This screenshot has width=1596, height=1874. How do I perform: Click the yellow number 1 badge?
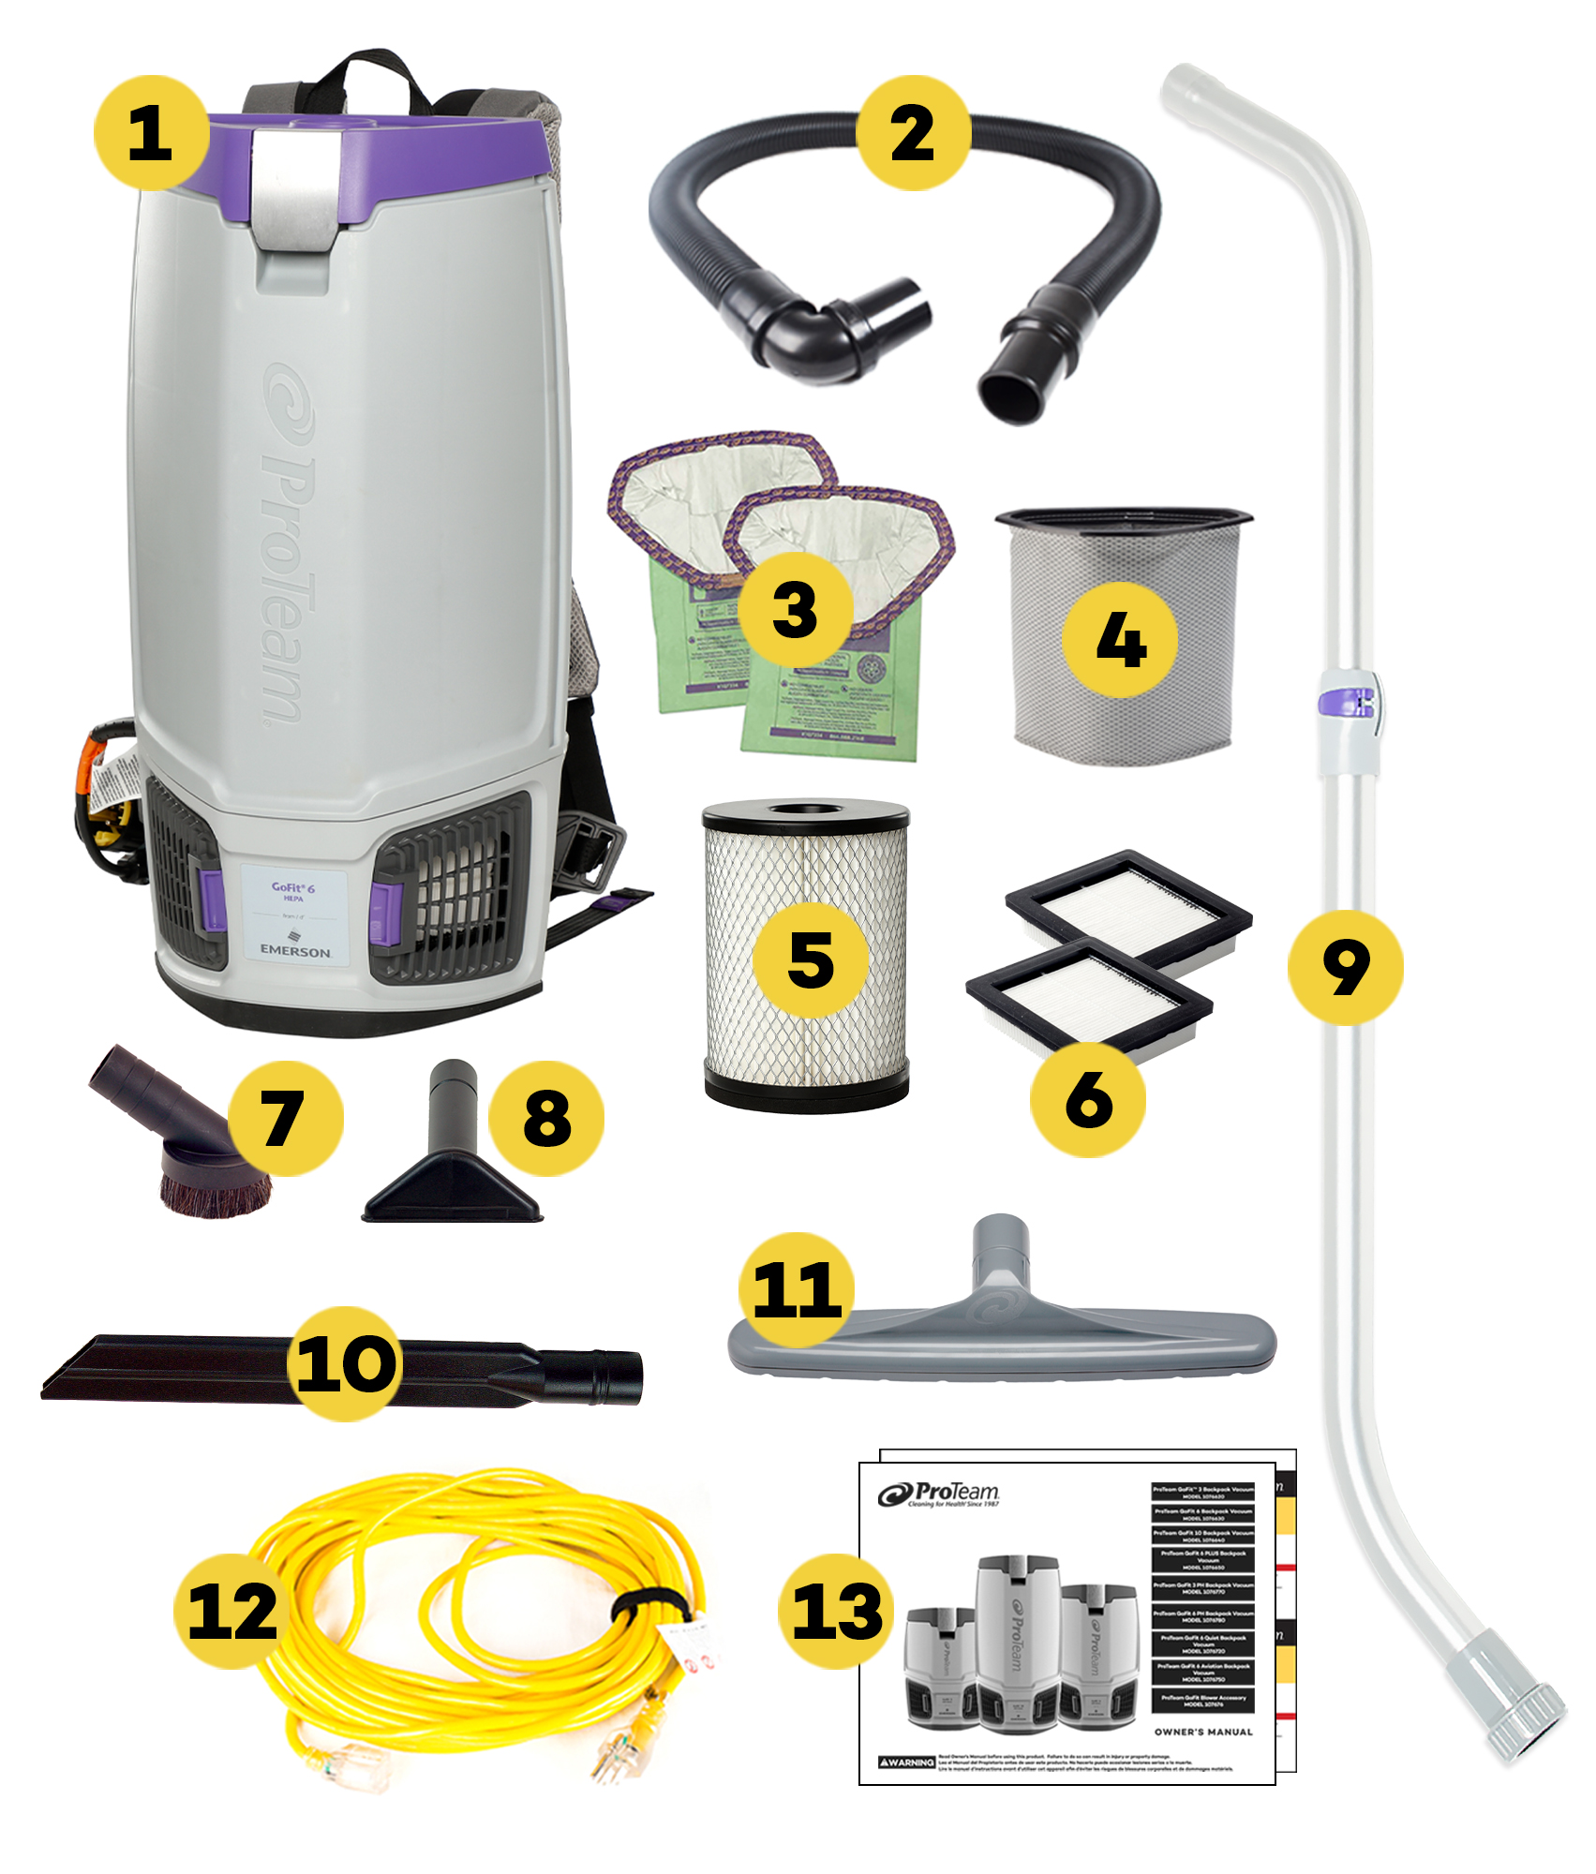pyautogui.click(x=150, y=132)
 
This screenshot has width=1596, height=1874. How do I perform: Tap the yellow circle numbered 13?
pyautogui.click(x=836, y=1611)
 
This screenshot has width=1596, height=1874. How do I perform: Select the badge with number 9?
pyautogui.click(x=1345, y=967)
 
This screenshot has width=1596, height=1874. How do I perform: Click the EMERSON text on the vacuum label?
pyautogui.click(x=295, y=950)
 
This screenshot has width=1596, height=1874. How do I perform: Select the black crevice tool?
pyautogui.click(x=187, y=1370)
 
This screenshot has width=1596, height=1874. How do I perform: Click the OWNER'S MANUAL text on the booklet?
pyautogui.click(x=1203, y=1732)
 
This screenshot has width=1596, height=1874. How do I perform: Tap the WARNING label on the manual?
pyautogui.click(x=906, y=1762)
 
